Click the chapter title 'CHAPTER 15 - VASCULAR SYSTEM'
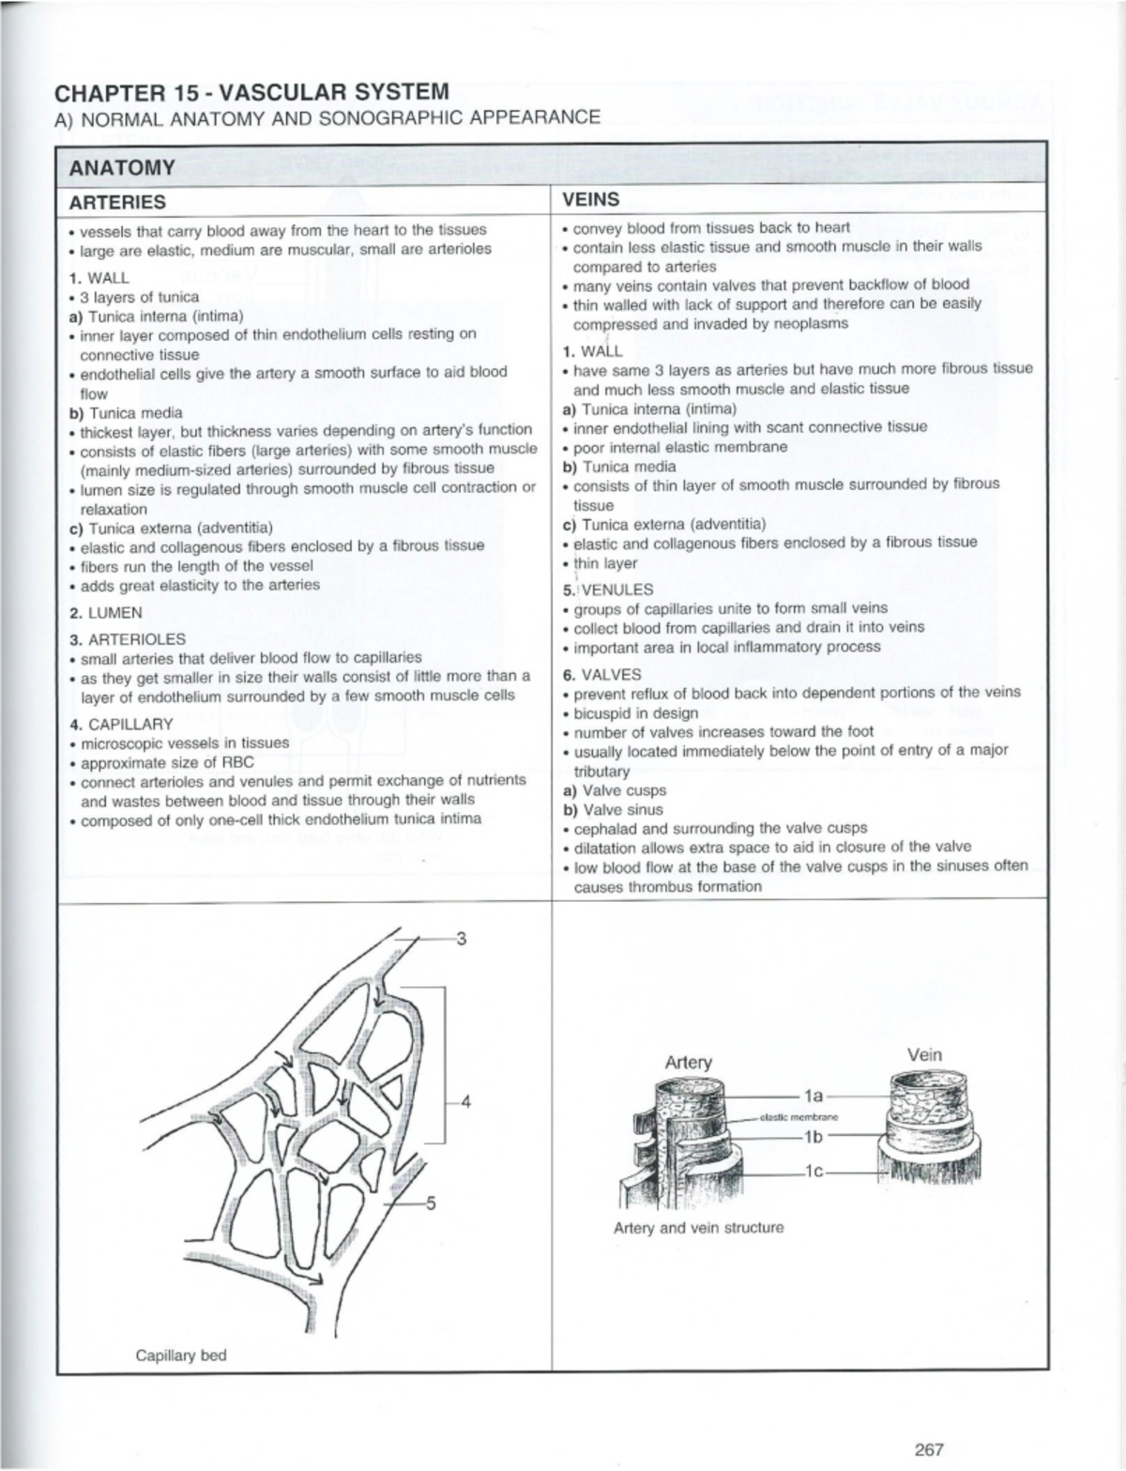[252, 92]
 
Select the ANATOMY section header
[115, 167]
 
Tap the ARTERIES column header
[117, 202]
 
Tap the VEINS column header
[590, 199]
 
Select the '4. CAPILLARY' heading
[121, 724]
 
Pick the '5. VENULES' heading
[608, 590]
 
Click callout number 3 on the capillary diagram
[461, 938]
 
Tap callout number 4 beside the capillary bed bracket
[464, 1101]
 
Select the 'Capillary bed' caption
[181, 1356]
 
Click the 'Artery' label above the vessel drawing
[688, 1062]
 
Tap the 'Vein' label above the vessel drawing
[924, 1054]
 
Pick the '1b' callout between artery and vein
[813, 1136]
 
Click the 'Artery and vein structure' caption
[698, 1228]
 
